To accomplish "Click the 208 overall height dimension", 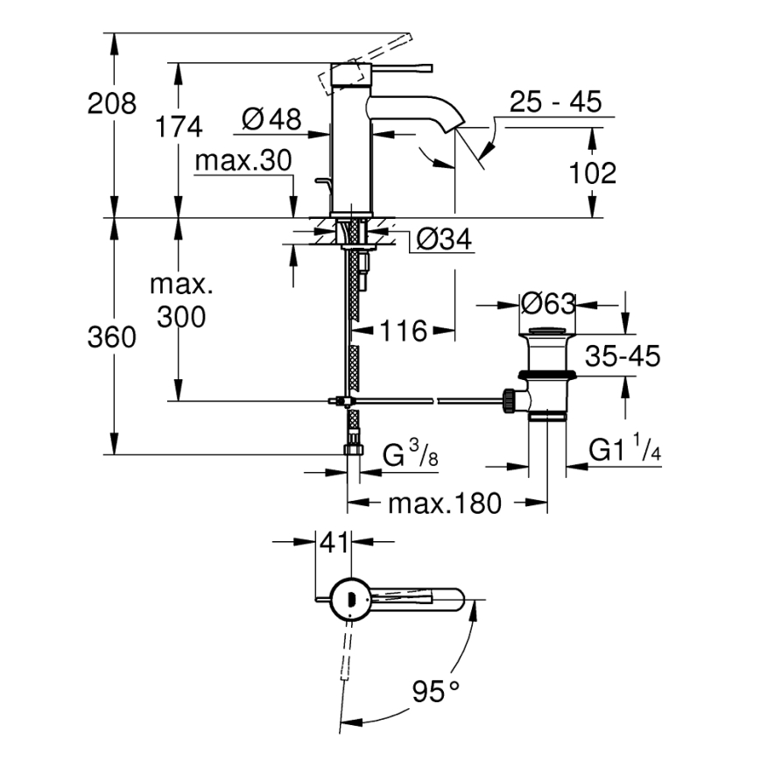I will [x=112, y=104].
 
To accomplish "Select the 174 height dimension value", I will [x=179, y=126].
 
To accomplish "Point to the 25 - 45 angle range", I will [x=557, y=103].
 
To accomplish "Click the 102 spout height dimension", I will [x=593, y=172].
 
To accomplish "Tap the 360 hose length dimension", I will [x=112, y=337].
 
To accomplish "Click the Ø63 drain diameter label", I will [x=548, y=304].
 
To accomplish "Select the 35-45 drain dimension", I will [x=623, y=355].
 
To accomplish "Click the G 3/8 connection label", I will [x=411, y=455].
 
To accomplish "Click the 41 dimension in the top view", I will [x=332, y=543].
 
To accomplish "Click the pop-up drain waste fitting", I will [x=545, y=372].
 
